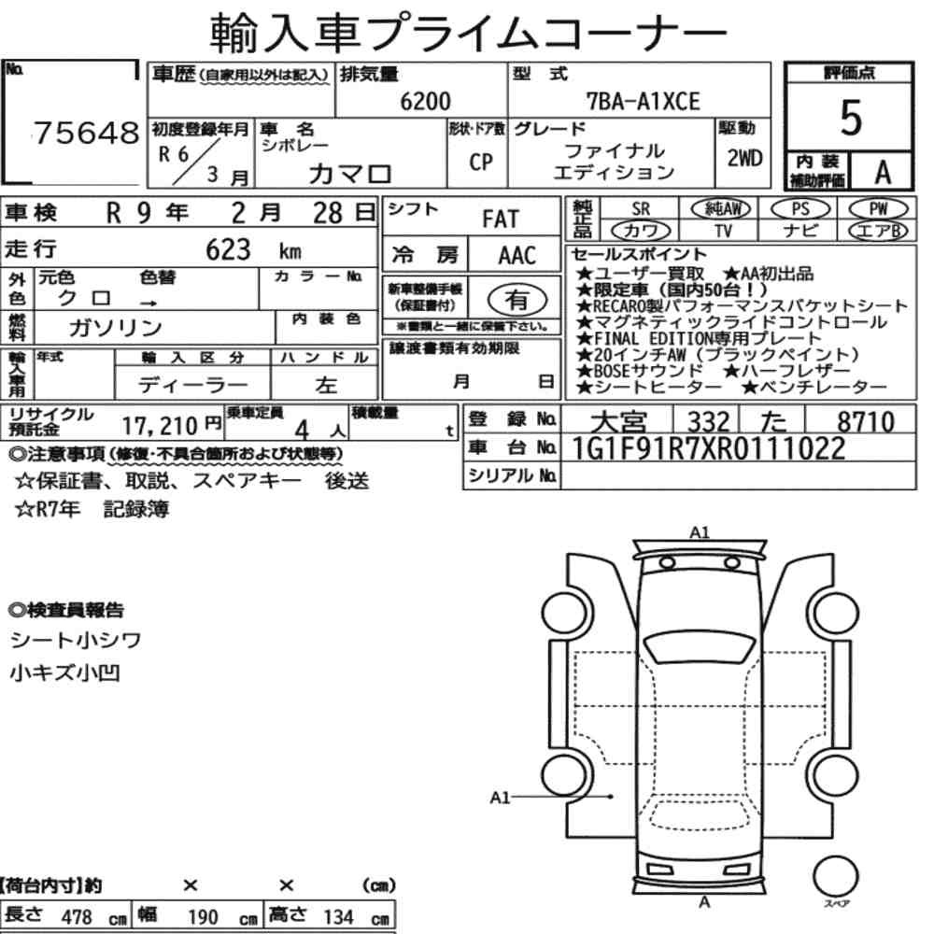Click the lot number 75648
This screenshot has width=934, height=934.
point(86,133)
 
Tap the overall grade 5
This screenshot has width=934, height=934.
point(850,118)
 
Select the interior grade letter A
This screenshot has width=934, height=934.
point(883,173)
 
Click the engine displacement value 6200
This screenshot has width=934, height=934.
point(425,101)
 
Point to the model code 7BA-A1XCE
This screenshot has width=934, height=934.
point(643,101)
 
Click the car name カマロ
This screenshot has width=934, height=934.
point(350,174)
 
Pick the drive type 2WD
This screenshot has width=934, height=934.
point(744,158)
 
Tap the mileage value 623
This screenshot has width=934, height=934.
point(228,249)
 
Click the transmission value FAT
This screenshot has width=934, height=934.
point(501,219)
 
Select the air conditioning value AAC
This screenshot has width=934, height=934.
point(517,256)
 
